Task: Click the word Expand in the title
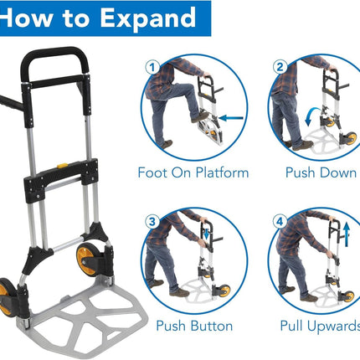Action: [x=147, y=18]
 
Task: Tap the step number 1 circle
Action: [x=152, y=67]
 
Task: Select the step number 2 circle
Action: [x=280, y=67]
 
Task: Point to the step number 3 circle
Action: [x=152, y=222]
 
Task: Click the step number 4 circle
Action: [x=280, y=222]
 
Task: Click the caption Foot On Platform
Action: [x=193, y=172]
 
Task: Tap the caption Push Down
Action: [x=321, y=172]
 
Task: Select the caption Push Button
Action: [x=194, y=326]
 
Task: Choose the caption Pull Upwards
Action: [x=320, y=326]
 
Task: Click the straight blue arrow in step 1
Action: [x=231, y=118]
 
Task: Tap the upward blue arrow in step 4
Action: [x=347, y=234]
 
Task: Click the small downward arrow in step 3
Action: [x=206, y=234]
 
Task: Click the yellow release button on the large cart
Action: [x=62, y=166]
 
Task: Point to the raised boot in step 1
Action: [x=200, y=117]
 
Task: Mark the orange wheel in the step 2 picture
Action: [x=352, y=138]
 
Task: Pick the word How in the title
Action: [x=27, y=18]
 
